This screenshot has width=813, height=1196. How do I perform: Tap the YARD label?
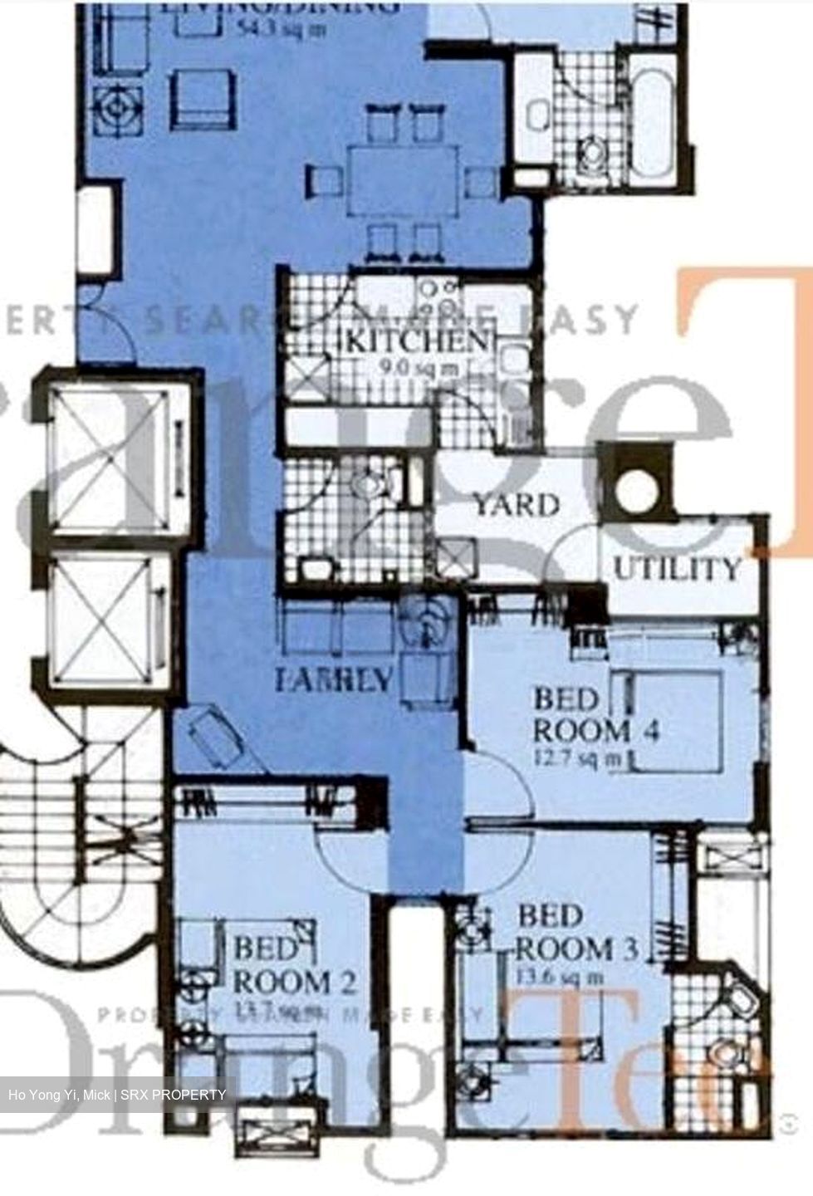[x=516, y=505]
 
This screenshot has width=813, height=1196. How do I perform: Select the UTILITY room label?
[x=677, y=569]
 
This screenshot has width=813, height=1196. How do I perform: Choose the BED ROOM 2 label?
[x=295, y=966]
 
